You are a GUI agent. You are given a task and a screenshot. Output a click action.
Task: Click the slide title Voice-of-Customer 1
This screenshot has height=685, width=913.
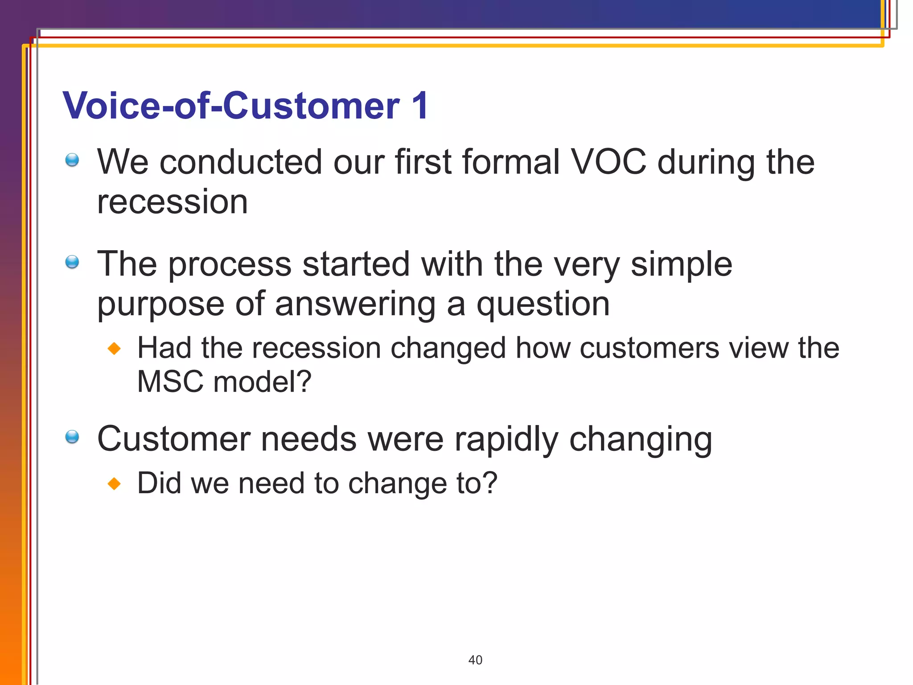[245, 106]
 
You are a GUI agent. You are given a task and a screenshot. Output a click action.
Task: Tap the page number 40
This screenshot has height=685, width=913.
[475, 660]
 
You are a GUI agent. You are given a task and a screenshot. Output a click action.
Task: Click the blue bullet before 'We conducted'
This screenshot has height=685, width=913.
[72, 160]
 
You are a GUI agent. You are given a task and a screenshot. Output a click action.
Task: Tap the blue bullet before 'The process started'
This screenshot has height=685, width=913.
[72, 262]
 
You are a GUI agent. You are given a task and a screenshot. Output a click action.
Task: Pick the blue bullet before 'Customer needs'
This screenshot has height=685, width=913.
[72, 437]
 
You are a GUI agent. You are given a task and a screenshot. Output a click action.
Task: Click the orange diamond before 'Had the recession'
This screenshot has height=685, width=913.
[115, 348]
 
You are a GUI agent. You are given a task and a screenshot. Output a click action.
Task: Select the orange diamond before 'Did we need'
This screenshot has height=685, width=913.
[115, 483]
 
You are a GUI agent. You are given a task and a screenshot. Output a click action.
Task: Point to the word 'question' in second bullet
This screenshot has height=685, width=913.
[543, 305]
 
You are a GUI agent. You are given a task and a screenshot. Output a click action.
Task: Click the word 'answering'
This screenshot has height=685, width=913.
[355, 305]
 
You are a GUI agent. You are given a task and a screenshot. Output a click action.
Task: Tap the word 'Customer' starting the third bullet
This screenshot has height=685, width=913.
[174, 439]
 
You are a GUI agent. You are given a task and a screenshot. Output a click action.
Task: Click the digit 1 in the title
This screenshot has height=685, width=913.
[420, 106]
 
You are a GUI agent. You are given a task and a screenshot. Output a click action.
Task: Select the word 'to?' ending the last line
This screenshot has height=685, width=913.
[477, 483]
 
